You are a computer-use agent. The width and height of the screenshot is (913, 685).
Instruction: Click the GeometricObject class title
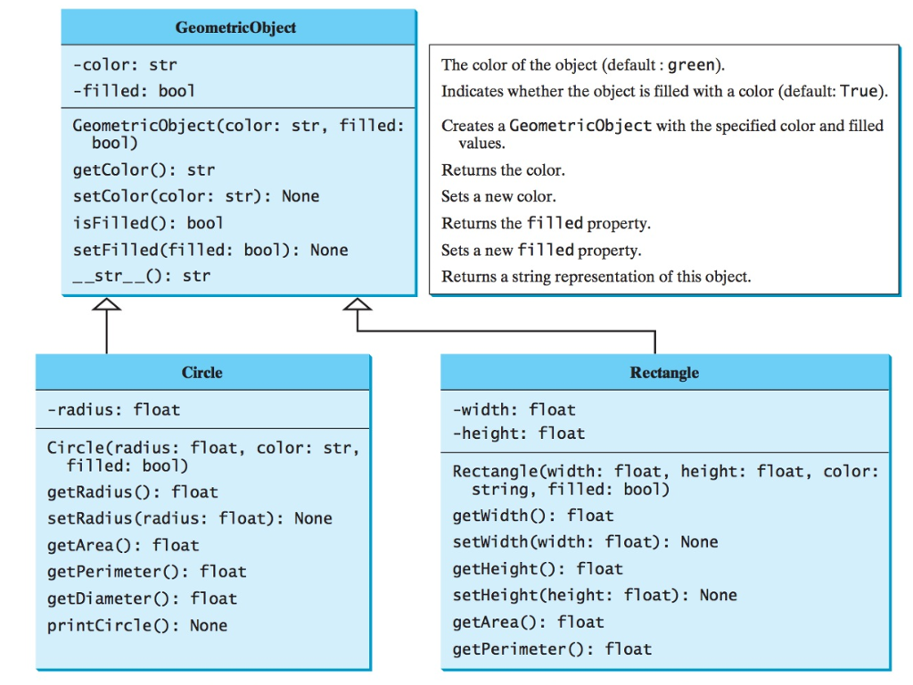pyautogui.click(x=236, y=28)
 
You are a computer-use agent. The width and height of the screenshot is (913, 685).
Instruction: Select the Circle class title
pyautogui.click(x=202, y=373)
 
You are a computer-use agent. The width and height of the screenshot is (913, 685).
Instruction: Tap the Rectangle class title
pyautogui.click(x=664, y=373)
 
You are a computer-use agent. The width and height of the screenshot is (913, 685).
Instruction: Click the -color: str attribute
pyautogui.click(x=125, y=64)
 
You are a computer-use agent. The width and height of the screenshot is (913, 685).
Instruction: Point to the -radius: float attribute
pyautogui.click(x=113, y=409)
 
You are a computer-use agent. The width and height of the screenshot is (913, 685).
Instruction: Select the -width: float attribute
pyautogui.click(x=514, y=409)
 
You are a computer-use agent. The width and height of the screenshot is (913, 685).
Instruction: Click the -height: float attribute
pyautogui.click(x=518, y=433)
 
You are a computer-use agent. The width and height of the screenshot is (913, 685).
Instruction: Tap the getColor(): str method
pyautogui.click(x=144, y=169)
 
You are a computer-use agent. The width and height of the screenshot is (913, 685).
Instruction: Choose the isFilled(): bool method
pyautogui.click(x=148, y=223)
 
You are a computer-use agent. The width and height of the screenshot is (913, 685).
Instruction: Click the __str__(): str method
pyautogui.click(x=141, y=276)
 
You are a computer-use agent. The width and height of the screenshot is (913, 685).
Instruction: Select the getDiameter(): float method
pyautogui.click(x=142, y=598)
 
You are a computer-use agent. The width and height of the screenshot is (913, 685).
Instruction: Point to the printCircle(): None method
pyautogui.click(x=136, y=625)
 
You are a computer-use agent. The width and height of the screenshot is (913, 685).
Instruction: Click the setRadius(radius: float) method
pyautogui.click(x=189, y=518)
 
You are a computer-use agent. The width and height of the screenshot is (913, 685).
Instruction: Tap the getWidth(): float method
pyautogui.click(x=532, y=516)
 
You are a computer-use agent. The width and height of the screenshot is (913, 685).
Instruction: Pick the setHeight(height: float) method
pyautogui.click(x=595, y=595)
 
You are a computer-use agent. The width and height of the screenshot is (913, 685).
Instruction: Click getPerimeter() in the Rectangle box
pyautogui.click(x=552, y=649)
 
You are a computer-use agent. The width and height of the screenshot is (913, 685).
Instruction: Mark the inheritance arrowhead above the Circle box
pyautogui.click(x=106, y=304)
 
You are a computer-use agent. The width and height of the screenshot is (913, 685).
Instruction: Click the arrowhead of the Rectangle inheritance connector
pyautogui.click(x=358, y=304)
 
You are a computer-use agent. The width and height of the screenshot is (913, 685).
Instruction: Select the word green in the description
pyautogui.click(x=692, y=65)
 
